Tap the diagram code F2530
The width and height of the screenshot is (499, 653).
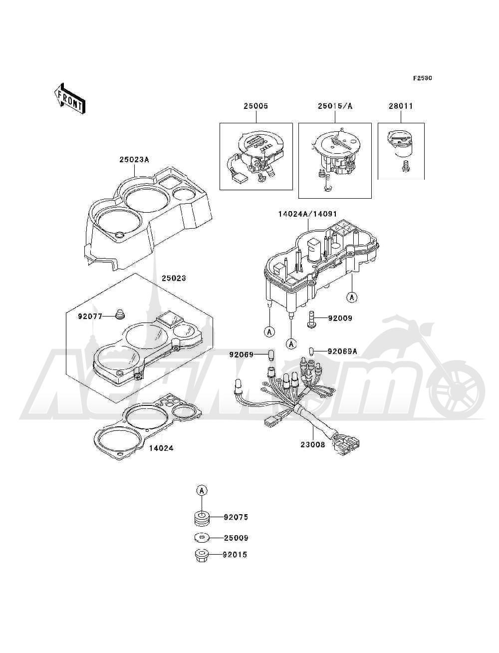[423, 78]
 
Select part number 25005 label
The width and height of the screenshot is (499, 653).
[256, 106]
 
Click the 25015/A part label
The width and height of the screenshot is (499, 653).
[335, 106]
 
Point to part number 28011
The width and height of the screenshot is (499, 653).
[401, 106]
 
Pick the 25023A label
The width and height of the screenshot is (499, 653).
[134, 160]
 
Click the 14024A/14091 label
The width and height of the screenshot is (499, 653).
[307, 214]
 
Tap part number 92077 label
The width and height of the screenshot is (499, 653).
[90, 316]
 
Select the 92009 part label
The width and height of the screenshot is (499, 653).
[340, 318]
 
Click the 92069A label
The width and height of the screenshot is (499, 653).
[342, 351]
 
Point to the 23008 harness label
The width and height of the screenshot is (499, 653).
[313, 453]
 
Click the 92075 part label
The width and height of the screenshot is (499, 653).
[236, 517]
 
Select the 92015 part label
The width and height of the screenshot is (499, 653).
[235, 555]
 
